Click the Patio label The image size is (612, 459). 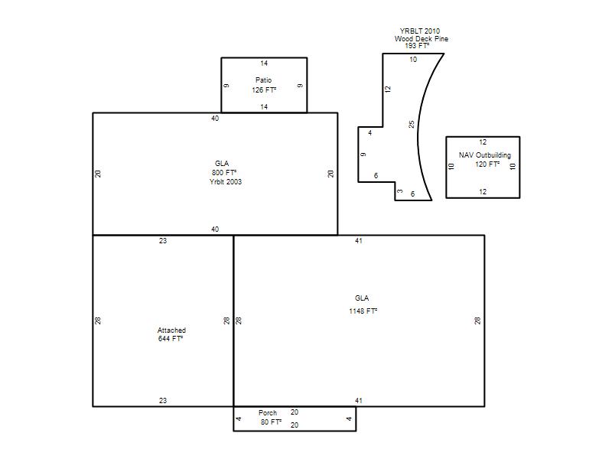pos(263,80)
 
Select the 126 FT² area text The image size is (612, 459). pos(264,90)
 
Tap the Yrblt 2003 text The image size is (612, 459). pos(226,181)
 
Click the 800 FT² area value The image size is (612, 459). pos(224,173)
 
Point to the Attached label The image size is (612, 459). pos(171,330)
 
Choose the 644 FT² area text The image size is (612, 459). pos(170,339)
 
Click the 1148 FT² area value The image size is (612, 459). pos(363,311)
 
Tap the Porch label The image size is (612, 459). pos(267,412)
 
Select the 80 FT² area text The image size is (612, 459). pos(271,422)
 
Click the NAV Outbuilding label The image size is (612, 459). pos(485,155)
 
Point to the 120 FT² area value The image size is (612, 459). pos(487,164)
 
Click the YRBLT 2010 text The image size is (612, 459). pos(419,31)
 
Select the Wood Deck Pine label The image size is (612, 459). pos(422,39)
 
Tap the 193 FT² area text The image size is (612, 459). pos(417,46)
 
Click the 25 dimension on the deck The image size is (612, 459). pos(412,125)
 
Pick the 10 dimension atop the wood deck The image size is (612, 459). pos(413,60)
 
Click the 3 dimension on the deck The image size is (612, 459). pos(399,190)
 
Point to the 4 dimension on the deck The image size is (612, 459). pos(370,132)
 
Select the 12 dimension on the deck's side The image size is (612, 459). pos(388,89)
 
